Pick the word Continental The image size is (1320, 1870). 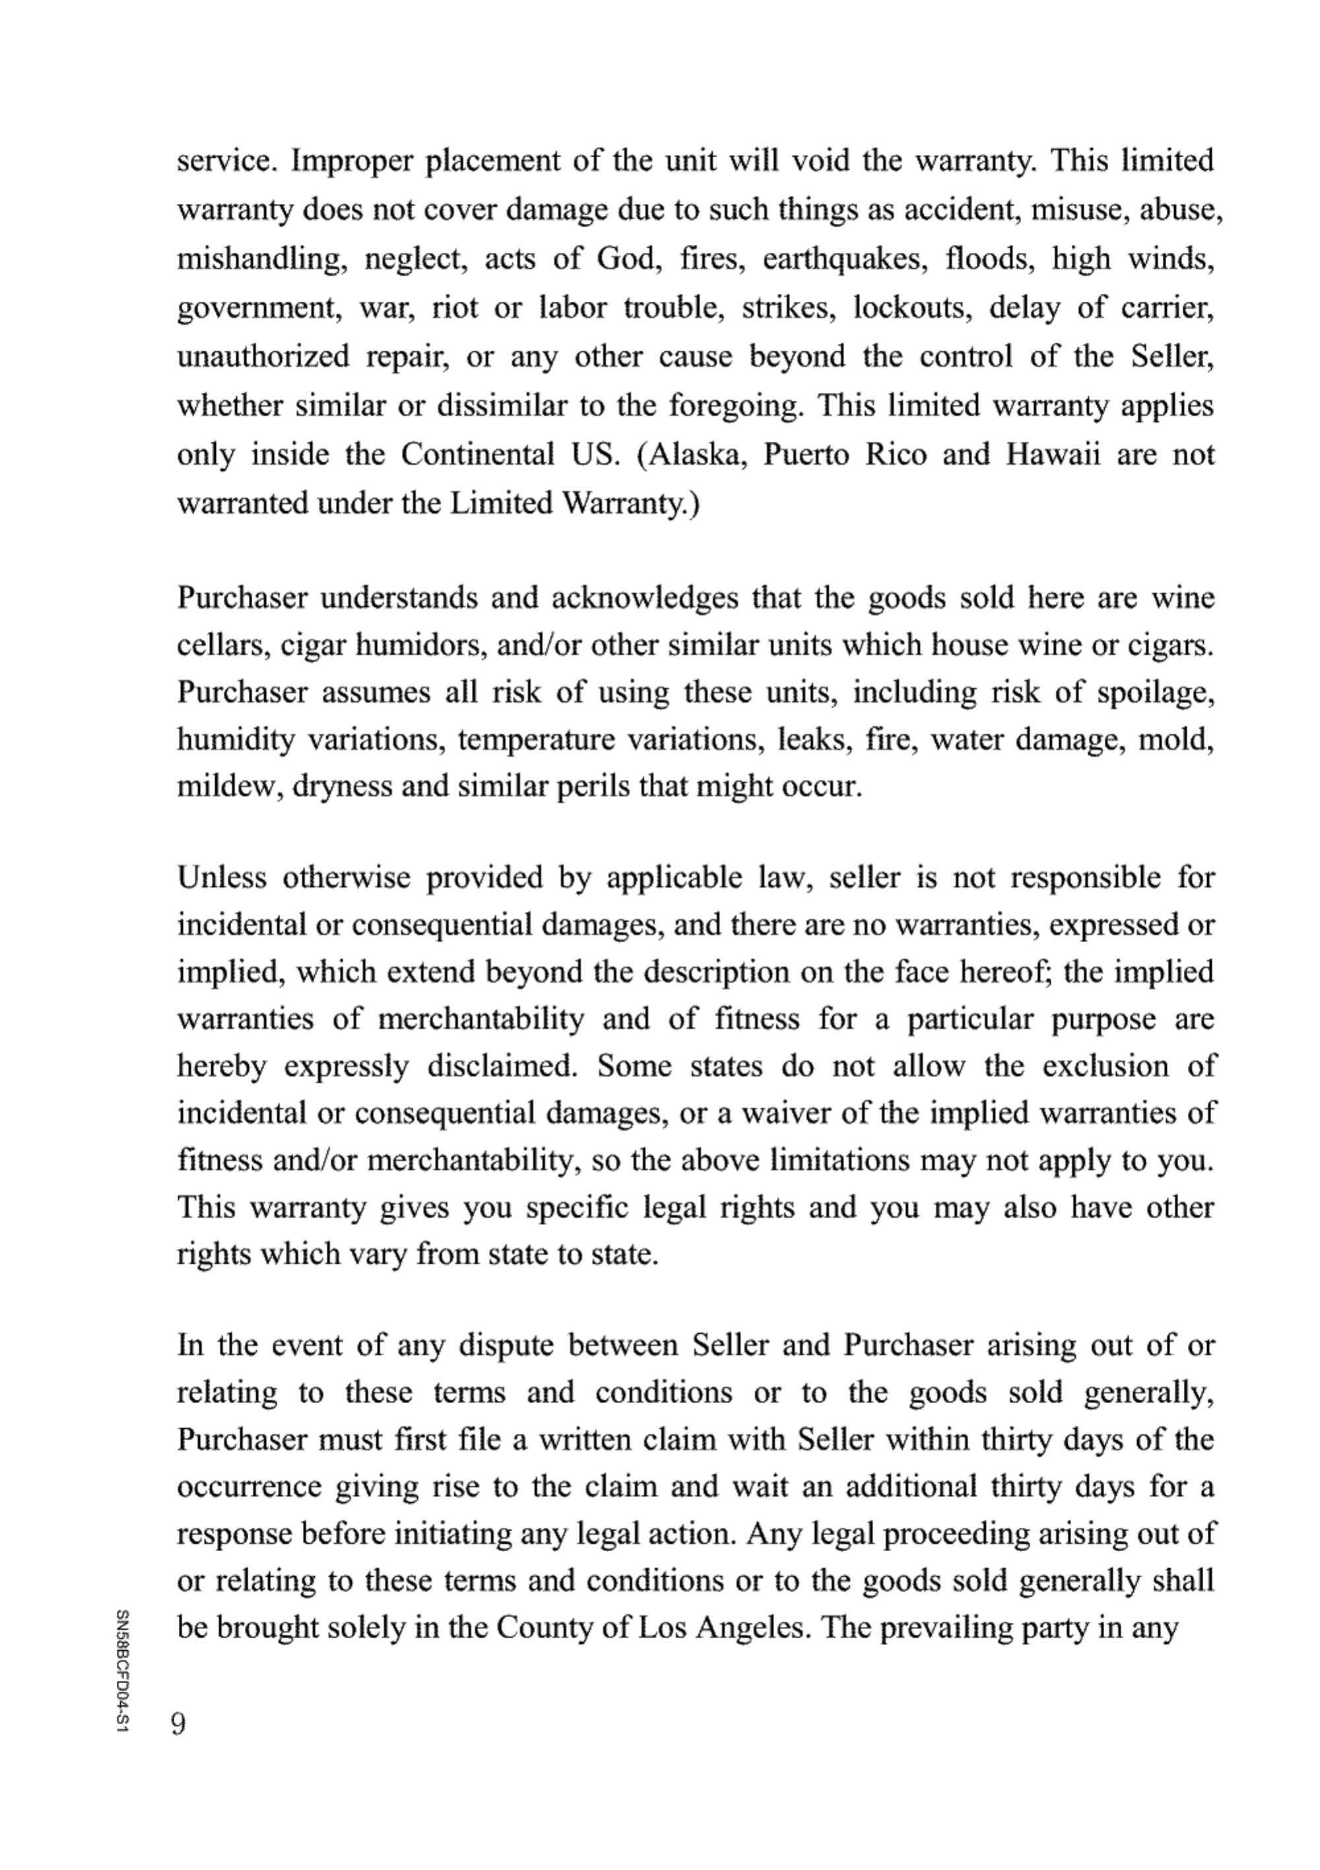(477, 454)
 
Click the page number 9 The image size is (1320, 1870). (178, 1723)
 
